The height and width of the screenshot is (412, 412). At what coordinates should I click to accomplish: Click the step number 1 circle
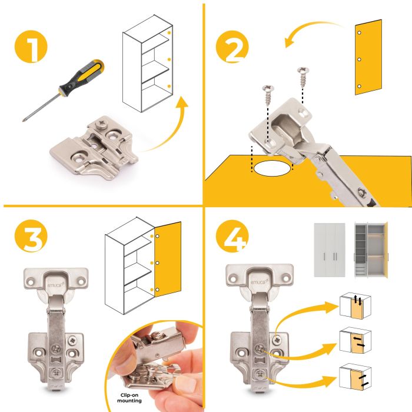31,46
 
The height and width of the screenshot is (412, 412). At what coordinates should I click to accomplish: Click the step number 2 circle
232,46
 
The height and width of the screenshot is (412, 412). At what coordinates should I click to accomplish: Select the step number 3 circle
31,235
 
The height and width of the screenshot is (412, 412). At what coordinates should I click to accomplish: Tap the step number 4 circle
232,236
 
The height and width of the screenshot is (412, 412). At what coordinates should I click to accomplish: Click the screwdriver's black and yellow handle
82,76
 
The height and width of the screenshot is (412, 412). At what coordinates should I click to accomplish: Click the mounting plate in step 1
94,148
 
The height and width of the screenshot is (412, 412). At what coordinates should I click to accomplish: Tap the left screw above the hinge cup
268,95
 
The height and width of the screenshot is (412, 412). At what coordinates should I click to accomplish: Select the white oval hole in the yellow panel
273,168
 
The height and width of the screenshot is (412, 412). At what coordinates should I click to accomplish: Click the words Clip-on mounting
129,398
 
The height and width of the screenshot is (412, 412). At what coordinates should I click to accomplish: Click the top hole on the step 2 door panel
359,33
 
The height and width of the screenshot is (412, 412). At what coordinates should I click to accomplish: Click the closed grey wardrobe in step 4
330,250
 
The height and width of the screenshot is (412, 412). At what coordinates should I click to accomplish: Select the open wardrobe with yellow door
371,249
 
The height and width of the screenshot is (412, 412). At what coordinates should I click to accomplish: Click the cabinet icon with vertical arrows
355,305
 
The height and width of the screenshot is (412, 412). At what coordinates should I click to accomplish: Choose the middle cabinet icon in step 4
355,340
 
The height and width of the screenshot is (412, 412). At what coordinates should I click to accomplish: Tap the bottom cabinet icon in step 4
355,377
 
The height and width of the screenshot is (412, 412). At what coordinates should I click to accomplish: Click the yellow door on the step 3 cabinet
168,259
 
